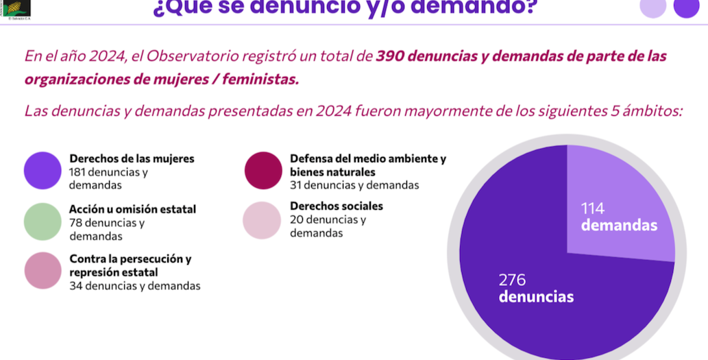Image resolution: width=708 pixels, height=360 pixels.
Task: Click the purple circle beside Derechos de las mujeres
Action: (x=43, y=170)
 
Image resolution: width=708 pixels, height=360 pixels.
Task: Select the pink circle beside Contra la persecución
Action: (x=43, y=270)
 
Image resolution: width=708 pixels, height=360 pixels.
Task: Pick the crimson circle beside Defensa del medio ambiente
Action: (x=263, y=170)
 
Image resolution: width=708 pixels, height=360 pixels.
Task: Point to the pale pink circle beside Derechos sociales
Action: (x=263, y=220)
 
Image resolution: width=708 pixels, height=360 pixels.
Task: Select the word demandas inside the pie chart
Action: (x=619, y=226)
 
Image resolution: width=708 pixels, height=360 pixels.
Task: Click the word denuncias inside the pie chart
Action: (x=536, y=297)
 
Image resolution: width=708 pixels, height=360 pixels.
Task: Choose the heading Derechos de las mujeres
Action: (x=132, y=158)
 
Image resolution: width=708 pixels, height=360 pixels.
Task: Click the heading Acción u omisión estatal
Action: (x=132, y=209)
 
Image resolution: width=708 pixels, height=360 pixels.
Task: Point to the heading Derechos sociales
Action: (x=336, y=206)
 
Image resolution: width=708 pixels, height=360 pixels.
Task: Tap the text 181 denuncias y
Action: (x=108, y=172)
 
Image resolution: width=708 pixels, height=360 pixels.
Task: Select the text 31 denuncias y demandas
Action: (x=354, y=185)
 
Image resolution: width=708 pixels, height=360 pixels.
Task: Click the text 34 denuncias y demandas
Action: (x=134, y=286)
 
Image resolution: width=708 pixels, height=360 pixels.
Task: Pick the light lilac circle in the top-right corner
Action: (x=652, y=7)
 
